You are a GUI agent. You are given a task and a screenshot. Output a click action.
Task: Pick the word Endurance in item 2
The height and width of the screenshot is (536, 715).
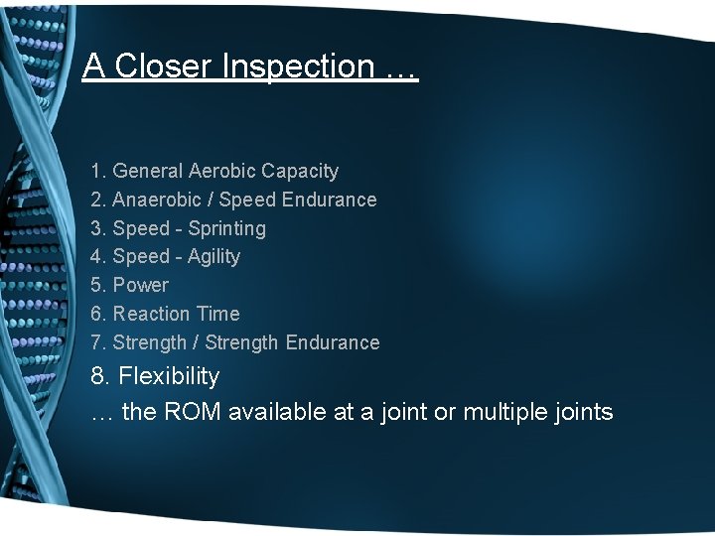329,200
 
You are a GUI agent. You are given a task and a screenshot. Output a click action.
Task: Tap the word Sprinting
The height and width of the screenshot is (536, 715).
226,228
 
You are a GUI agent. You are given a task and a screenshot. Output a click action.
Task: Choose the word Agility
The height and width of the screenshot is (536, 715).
214,256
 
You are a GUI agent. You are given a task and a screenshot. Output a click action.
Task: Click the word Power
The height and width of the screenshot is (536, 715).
141,285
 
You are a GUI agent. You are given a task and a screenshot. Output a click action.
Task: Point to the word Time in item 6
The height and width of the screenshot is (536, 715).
217,314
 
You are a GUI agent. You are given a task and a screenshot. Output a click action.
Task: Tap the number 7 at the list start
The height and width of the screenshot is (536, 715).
96,342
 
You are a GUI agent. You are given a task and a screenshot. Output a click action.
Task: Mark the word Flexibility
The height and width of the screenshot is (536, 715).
169,376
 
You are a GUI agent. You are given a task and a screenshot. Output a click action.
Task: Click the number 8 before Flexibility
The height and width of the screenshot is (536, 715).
97,376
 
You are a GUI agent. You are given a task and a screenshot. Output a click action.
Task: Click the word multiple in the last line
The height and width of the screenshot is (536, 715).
506,412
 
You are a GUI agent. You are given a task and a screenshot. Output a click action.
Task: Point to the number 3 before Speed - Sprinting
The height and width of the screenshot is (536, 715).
96,228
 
